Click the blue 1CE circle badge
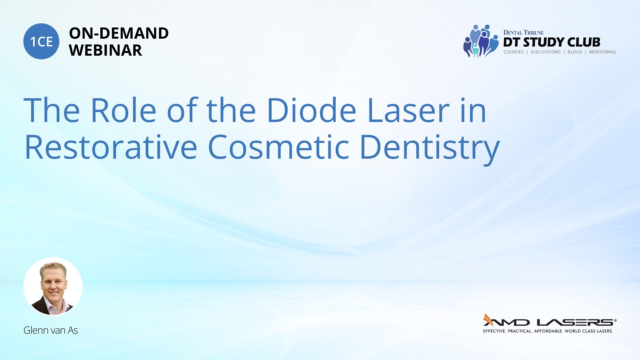tap(41, 41)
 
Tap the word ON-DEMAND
tap(119, 33)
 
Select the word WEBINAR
tap(105, 50)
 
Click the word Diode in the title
tap(311, 110)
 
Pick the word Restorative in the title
tap(111, 147)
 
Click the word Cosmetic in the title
tap(278, 147)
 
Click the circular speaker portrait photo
tap(53, 287)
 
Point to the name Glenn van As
tap(51, 330)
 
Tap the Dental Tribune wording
tap(523, 32)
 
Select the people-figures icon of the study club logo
tap(481, 41)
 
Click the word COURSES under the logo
tap(514, 52)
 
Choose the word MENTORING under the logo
tap(602, 52)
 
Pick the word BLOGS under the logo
tap(575, 52)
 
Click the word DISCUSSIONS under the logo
tap(546, 52)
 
